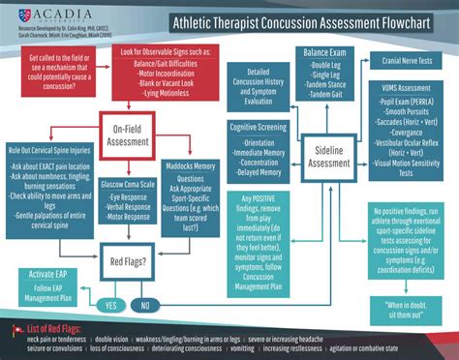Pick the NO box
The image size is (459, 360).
point(145,303)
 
